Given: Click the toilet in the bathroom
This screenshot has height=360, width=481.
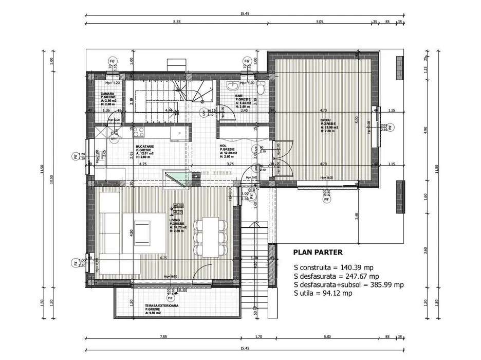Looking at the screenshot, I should [261, 89].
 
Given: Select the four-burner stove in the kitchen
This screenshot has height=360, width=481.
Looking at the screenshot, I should [139, 133].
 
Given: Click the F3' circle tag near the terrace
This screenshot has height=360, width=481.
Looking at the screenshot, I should [170, 297].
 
